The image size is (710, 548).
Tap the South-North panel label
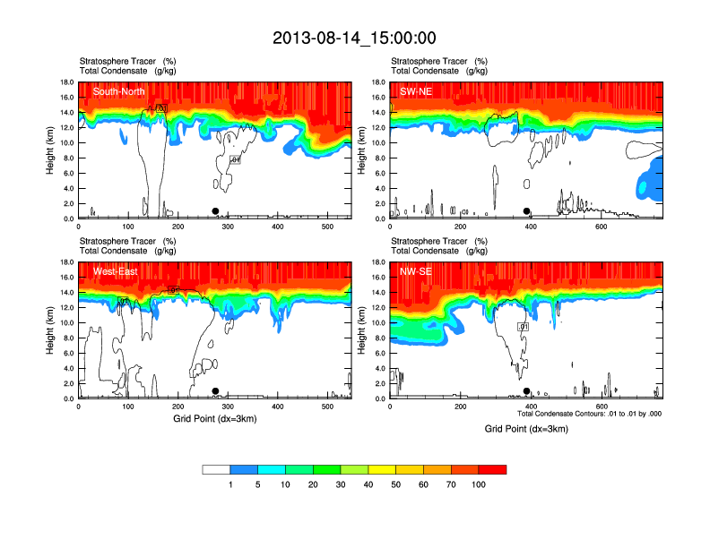[118, 91]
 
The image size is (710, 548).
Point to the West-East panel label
[114, 271]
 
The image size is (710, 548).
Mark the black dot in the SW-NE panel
[527, 211]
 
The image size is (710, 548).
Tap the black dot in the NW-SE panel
[527, 391]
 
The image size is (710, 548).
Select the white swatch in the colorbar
[216, 469]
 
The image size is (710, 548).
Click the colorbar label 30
[341, 484]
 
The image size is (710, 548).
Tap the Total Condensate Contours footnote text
[590, 413]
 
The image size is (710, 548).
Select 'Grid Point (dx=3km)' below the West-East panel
[214, 418]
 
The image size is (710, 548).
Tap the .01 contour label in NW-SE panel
[524, 327]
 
